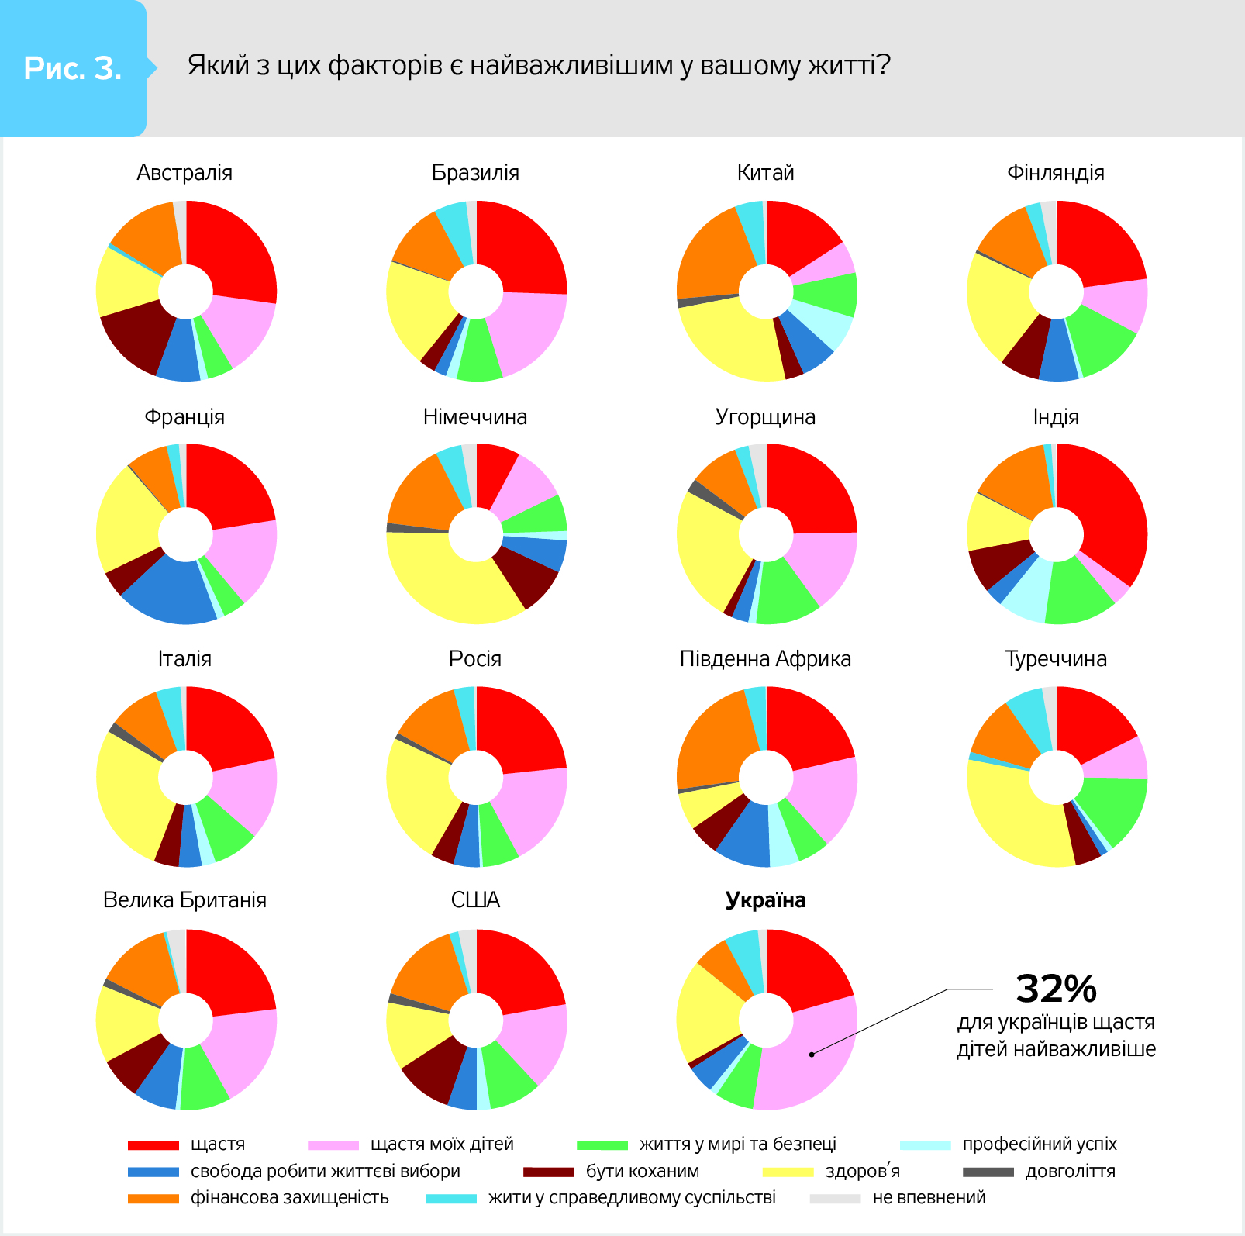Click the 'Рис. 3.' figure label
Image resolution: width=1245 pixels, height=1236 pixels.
click(x=73, y=68)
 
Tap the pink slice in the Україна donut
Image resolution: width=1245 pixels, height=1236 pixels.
click(x=806, y=1062)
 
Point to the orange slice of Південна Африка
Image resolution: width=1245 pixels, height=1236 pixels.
click(x=709, y=744)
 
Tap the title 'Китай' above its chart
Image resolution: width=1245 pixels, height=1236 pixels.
click(x=765, y=172)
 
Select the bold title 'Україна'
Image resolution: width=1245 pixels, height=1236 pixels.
click(x=765, y=899)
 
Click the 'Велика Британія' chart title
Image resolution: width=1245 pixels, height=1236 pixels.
click(x=185, y=899)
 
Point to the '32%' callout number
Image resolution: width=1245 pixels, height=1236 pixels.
click(x=1056, y=989)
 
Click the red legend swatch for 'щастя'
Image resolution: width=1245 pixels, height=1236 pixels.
click(x=153, y=1145)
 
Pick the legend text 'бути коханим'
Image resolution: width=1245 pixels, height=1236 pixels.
click(x=643, y=1171)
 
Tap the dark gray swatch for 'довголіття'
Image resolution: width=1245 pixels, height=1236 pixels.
click(x=988, y=1172)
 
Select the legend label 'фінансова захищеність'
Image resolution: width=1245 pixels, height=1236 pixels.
click(x=290, y=1197)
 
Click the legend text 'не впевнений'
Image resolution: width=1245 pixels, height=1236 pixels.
click(x=929, y=1197)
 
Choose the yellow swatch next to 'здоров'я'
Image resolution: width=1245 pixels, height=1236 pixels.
click(x=788, y=1172)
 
